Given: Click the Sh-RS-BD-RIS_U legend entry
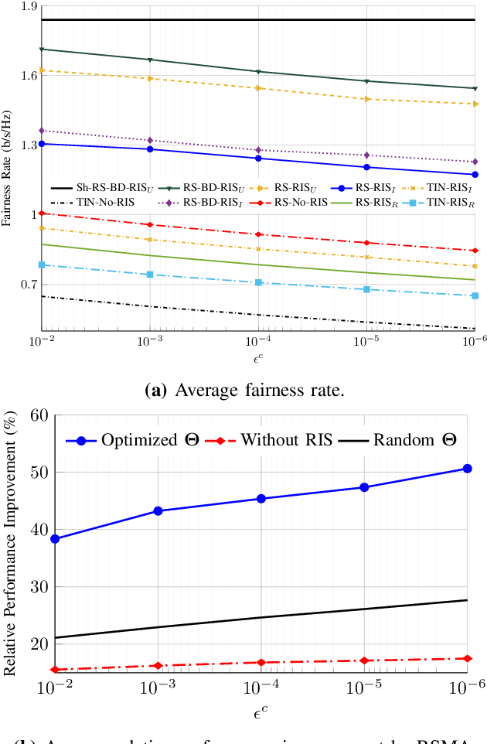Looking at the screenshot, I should point(100,188).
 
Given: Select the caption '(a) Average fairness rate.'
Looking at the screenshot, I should point(243,391).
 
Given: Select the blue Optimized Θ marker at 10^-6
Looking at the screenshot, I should point(467,469).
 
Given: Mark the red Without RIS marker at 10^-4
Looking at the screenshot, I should point(261,663).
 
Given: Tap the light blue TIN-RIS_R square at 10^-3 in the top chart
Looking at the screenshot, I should point(150,275).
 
